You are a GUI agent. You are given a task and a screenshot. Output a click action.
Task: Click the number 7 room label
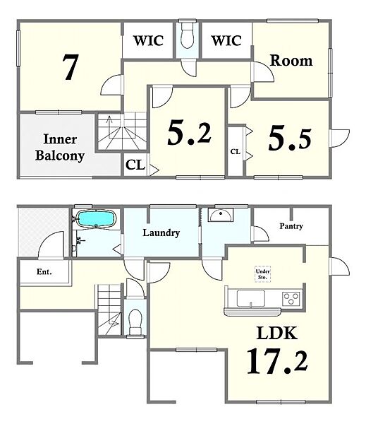click(71, 67)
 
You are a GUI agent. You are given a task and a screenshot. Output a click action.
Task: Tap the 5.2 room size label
click(189, 133)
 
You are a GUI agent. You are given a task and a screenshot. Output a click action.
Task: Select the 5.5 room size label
click(290, 139)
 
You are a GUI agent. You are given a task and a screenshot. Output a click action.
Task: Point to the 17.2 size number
click(277, 361)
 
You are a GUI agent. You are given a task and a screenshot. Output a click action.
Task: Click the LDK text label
click(277, 333)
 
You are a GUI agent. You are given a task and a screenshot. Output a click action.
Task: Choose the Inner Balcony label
click(60, 148)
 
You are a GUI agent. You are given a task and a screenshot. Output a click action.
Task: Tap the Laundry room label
click(161, 232)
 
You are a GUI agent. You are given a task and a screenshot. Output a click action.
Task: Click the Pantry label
click(291, 226)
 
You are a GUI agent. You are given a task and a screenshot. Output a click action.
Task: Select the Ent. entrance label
click(44, 272)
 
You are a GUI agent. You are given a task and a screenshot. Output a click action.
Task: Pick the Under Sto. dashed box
click(262, 274)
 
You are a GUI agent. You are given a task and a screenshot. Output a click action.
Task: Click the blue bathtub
click(97, 219)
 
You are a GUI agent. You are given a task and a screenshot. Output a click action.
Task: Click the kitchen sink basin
click(251, 298)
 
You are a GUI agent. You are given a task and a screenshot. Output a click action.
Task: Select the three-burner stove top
click(291, 299)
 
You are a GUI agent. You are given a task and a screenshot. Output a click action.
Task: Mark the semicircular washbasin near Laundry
click(221, 216)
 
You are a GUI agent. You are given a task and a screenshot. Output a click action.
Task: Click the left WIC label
click(149, 40)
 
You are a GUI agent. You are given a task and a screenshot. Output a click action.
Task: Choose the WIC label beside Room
click(226, 40)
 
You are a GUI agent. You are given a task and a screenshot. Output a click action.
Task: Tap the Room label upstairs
click(291, 61)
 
